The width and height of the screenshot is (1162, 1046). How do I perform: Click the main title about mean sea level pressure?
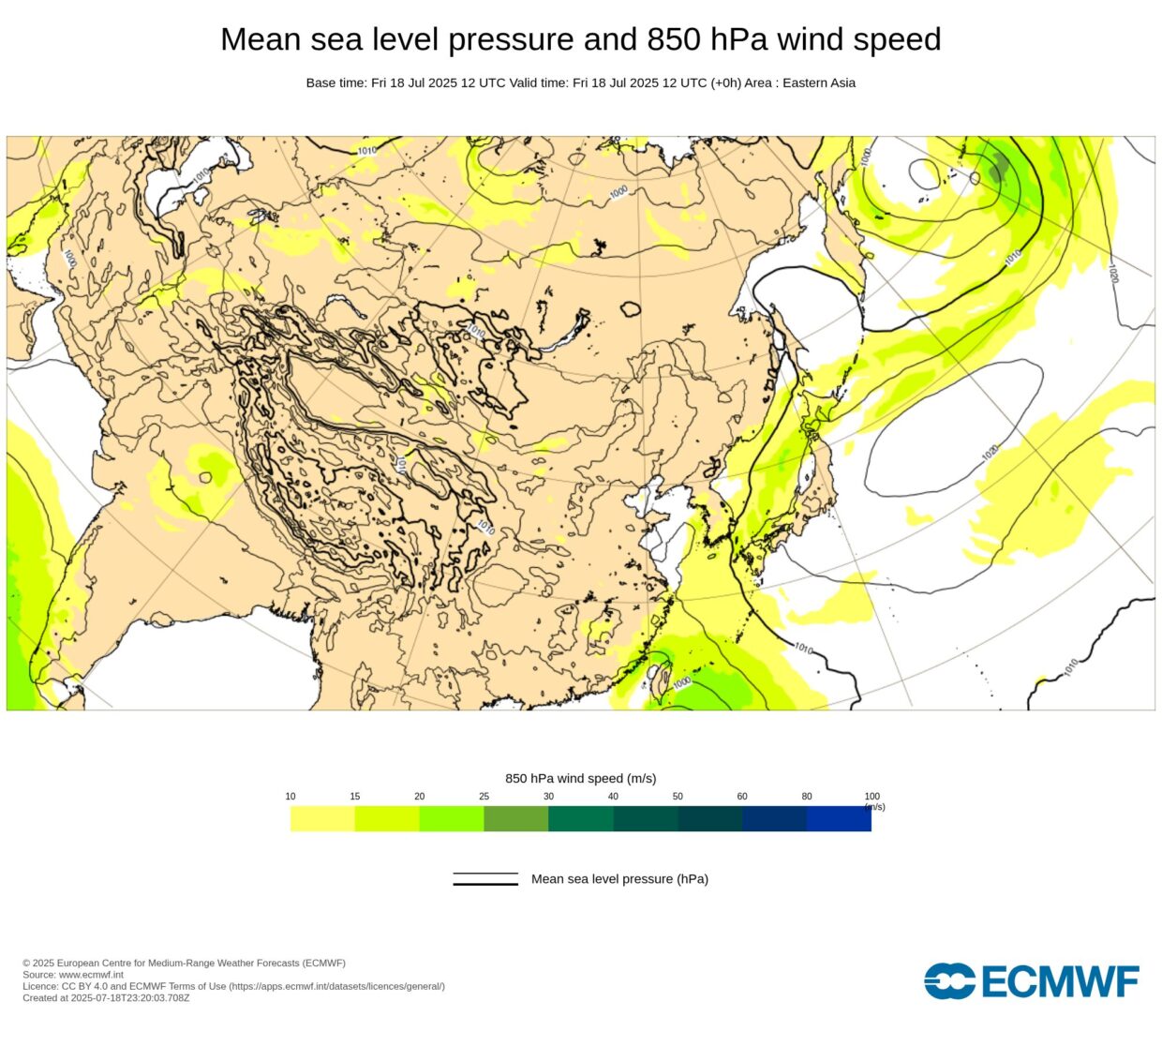[580, 39]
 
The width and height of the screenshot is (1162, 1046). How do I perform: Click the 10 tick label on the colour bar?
[290, 797]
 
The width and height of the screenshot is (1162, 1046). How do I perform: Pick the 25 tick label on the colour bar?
[484, 797]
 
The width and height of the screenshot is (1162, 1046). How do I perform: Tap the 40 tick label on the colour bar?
[613, 797]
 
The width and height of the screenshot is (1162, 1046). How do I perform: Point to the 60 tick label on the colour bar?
[742, 797]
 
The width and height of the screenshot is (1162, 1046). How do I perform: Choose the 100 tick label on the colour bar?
[871, 797]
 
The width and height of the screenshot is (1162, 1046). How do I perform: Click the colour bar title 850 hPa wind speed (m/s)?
[580, 778]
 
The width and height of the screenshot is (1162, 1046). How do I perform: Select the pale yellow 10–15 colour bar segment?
[322, 818]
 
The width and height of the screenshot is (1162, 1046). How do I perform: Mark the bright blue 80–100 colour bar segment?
[839, 818]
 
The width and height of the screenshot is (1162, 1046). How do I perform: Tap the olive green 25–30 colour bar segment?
[515, 818]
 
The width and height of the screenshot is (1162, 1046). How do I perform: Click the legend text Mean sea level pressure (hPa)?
[619, 879]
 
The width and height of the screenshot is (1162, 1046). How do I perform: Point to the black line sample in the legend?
[485, 879]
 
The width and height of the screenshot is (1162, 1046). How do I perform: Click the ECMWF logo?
[1031, 981]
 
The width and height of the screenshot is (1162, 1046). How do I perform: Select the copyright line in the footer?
[184, 963]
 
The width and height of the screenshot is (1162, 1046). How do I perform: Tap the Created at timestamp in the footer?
[106, 997]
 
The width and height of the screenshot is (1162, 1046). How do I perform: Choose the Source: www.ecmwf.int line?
[73, 975]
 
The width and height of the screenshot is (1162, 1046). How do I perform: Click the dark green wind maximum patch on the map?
[999, 169]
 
